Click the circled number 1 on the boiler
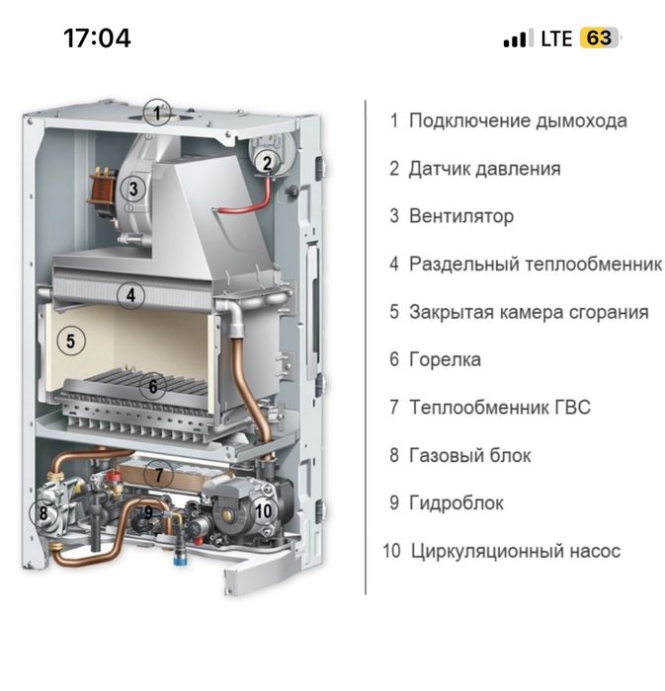pos(156,112)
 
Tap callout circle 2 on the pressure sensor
pos(267,164)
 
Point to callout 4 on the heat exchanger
pos(129,294)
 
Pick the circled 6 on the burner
pos(152,386)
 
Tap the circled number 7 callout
pos(157,475)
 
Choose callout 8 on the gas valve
pos(42,512)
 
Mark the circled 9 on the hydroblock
pos(148,513)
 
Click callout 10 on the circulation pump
pos(262,510)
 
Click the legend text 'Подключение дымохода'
pos(518,121)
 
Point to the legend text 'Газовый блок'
pos(469,455)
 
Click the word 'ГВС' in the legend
pos(569,407)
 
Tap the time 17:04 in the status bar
pos(97,38)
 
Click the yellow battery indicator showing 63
pos(599,38)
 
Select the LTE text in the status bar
pos(556,39)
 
